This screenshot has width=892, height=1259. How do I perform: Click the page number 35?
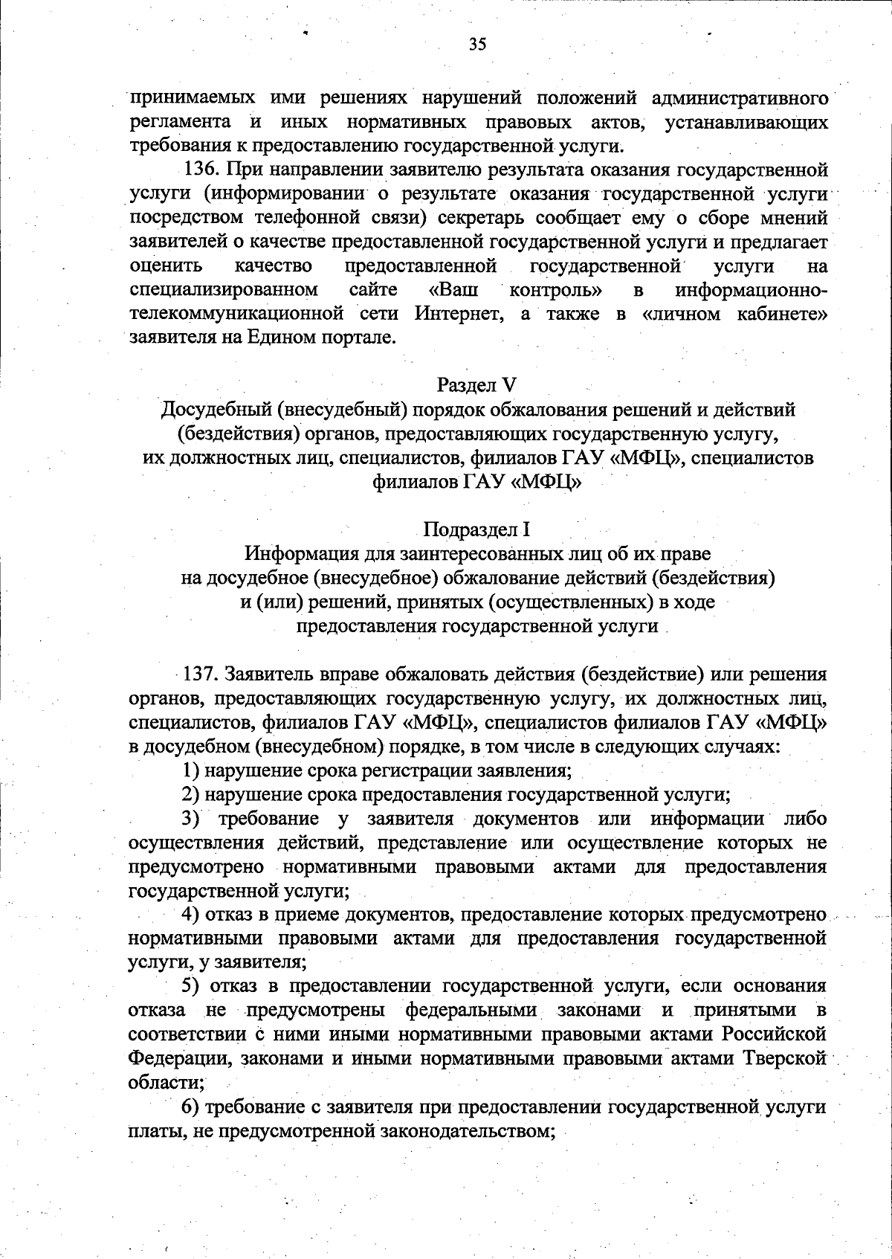click(x=477, y=45)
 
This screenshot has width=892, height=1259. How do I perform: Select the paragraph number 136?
click(x=198, y=170)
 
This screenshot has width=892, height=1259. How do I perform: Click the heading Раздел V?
click(x=476, y=384)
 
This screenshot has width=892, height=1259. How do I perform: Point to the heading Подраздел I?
click(x=476, y=529)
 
